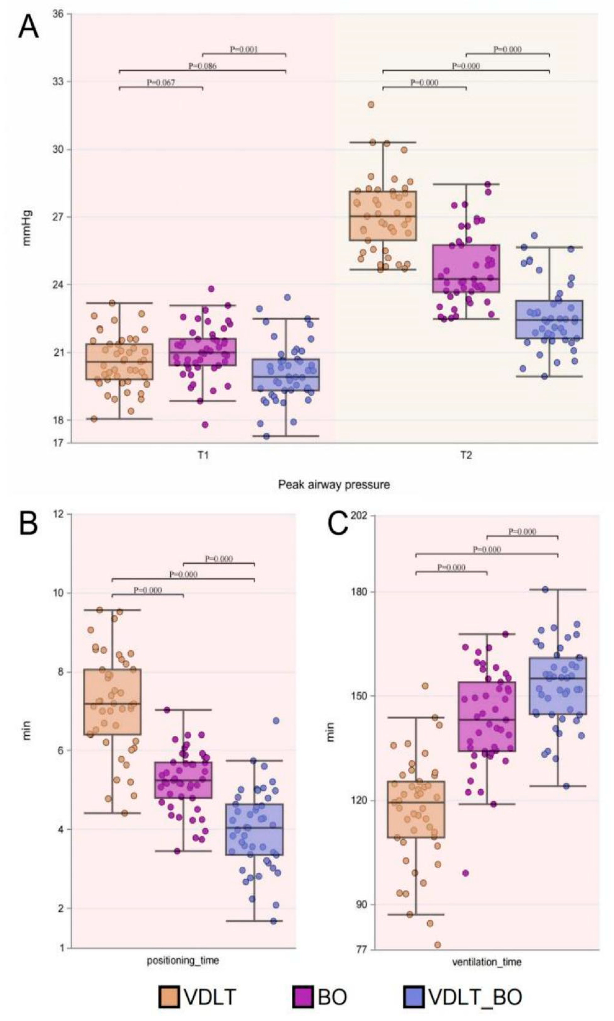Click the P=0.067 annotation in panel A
point(161,83)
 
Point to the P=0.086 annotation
point(202,66)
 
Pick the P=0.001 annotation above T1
point(244,49)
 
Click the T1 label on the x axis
point(202,455)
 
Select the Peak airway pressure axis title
point(333,485)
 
